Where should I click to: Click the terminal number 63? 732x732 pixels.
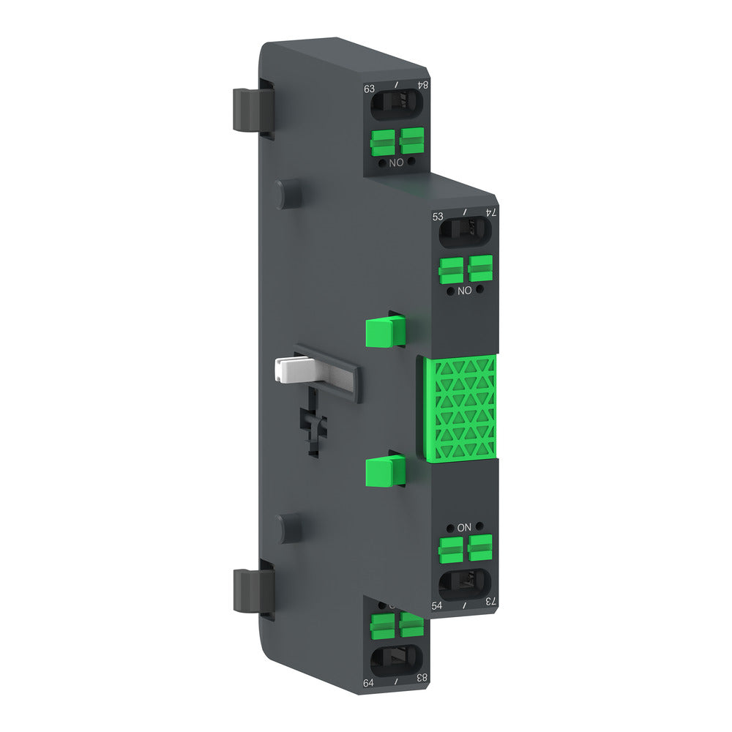[370, 89]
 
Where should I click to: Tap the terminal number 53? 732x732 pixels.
[438, 217]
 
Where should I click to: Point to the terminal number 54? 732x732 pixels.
[437, 605]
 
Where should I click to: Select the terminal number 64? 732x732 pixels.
[369, 683]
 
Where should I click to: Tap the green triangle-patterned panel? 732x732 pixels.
[460, 408]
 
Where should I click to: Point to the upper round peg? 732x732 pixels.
[286, 193]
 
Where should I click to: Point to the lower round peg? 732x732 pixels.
[286, 528]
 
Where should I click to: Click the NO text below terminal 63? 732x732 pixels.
[396, 163]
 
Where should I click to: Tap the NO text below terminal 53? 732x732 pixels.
[463, 291]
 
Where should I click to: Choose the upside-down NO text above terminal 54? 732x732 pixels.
[464, 527]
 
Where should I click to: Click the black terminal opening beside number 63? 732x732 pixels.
[395, 108]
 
